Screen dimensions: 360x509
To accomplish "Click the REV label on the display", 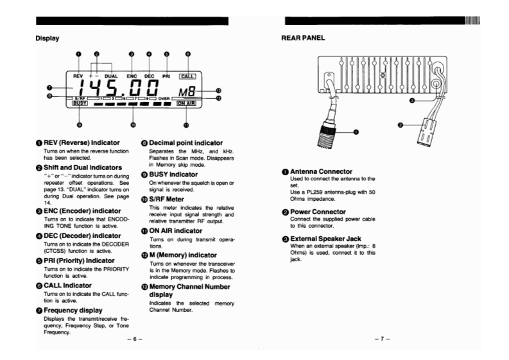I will click(79, 75).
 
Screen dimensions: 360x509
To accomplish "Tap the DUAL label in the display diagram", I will click(113, 75).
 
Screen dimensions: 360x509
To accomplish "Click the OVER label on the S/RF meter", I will click(163, 97).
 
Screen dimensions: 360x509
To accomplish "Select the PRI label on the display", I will click(167, 75).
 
